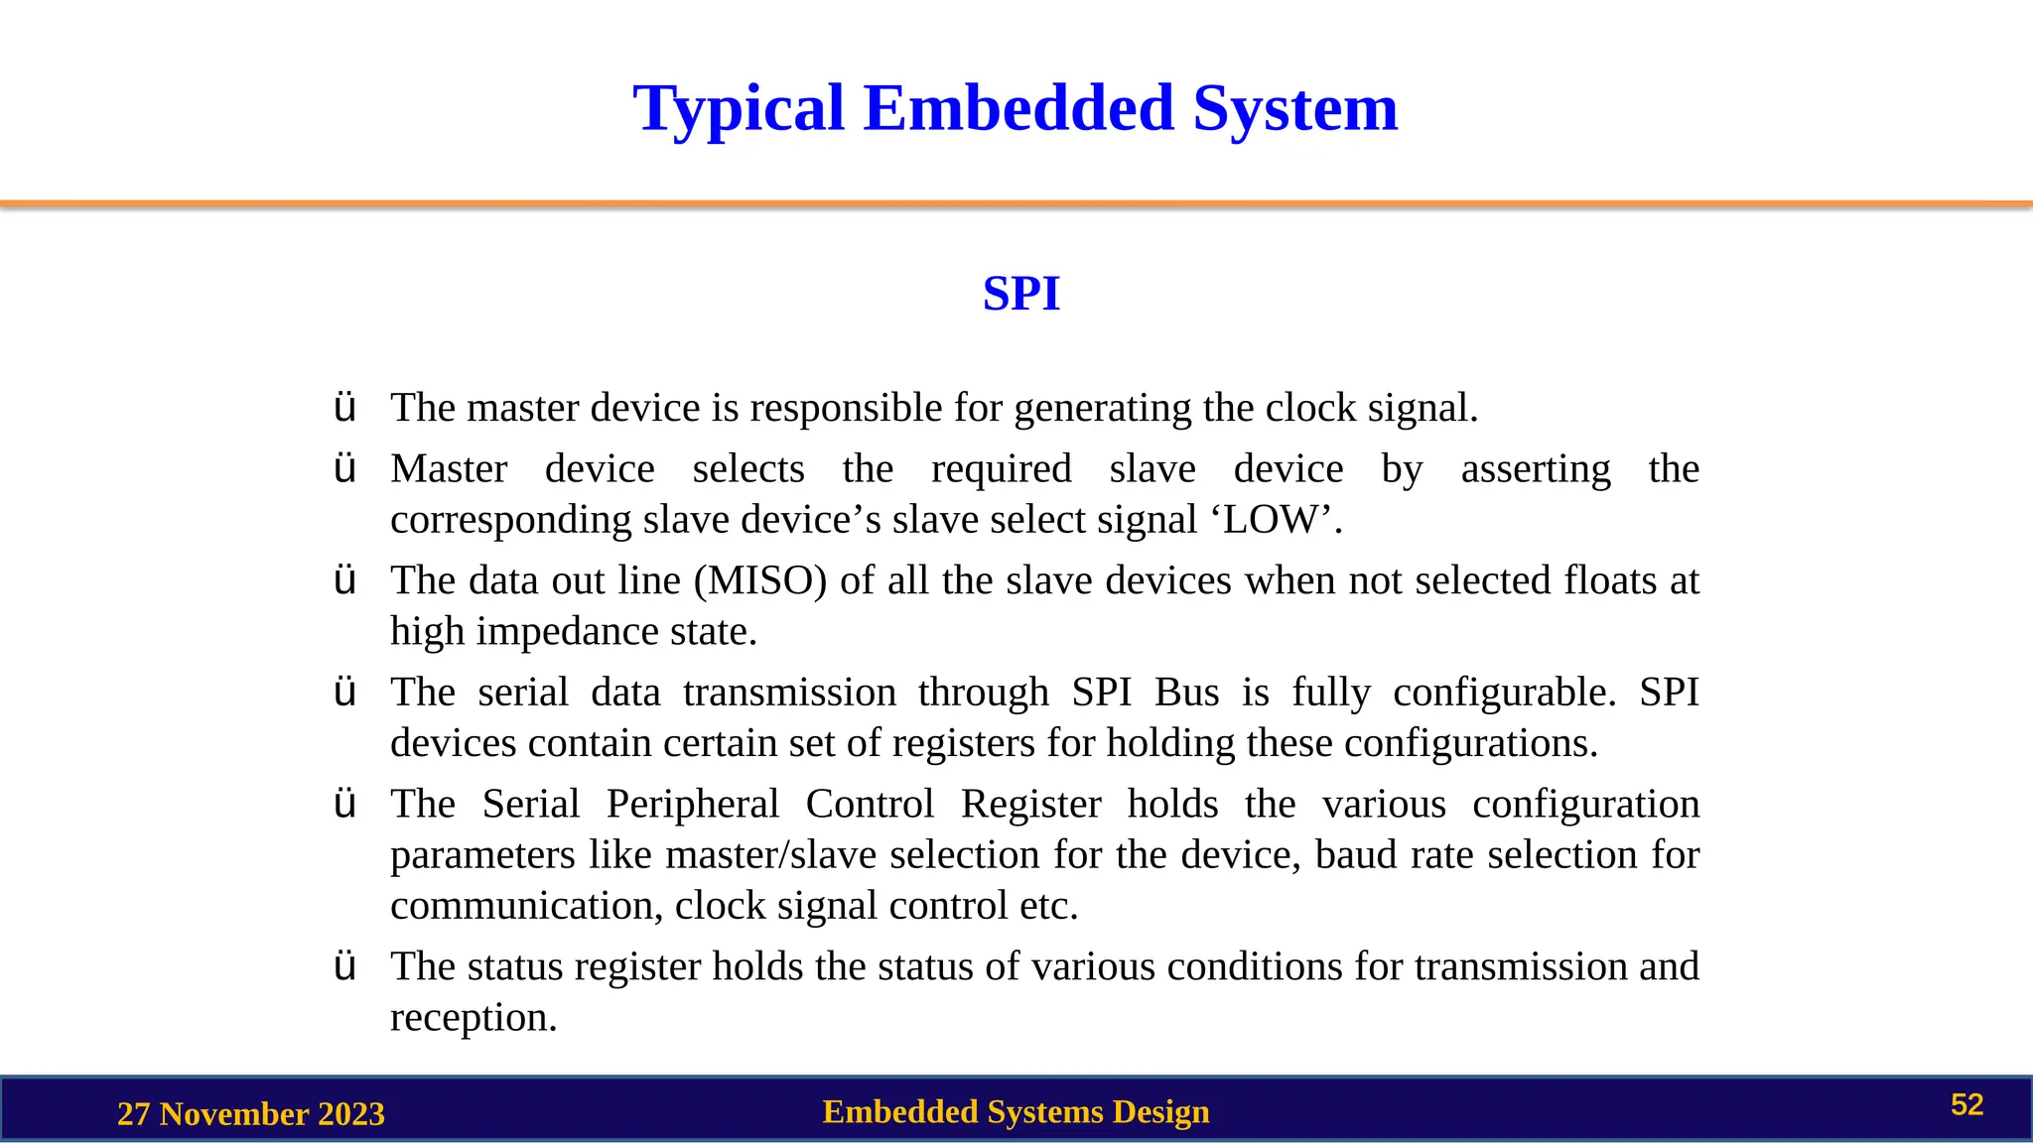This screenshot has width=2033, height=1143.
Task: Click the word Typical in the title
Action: point(739,109)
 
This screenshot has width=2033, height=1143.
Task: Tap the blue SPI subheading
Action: point(1020,294)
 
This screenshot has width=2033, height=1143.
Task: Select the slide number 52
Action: point(1966,1105)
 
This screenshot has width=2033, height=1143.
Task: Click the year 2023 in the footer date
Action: point(346,1114)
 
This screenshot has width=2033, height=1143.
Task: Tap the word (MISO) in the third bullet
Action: point(759,580)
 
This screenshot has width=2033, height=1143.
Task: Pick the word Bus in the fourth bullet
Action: point(1186,693)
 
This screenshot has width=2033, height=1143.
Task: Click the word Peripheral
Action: point(692,805)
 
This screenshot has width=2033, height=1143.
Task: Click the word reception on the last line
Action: point(473,1018)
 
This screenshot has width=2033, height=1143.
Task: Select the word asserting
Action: point(1535,469)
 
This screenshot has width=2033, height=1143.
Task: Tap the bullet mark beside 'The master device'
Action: point(344,408)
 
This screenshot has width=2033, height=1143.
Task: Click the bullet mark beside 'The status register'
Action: point(344,966)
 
